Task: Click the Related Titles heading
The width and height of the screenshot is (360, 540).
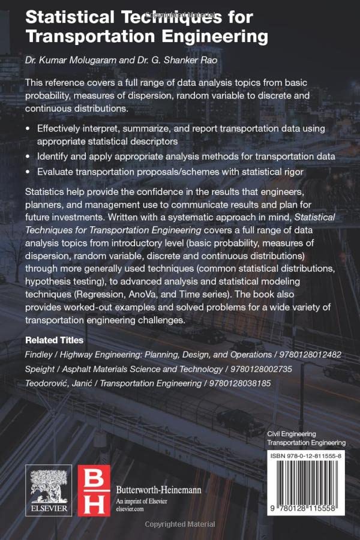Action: pyautogui.click(x=54, y=340)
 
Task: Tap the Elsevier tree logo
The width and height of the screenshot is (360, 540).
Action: pyautogui.click(x=48, y=484)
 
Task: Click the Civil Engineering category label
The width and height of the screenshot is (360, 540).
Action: pyautogui.click(x=291, y=433)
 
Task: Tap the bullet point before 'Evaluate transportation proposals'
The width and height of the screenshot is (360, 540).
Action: pyautogui.click(x=28, y=172)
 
